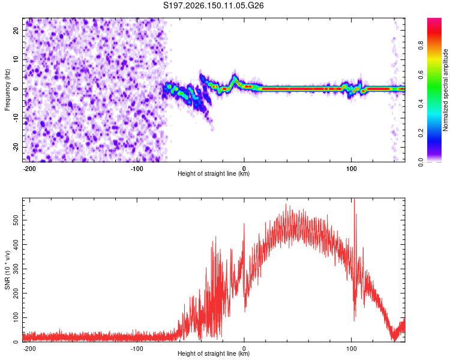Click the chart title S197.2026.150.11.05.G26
point(213,5)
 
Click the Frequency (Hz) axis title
point(7,90)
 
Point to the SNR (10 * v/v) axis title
point(7,270)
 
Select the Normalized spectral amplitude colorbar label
point(445,89)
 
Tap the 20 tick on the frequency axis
point(16,31)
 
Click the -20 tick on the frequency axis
point(16,148)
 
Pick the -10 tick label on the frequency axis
point(16,118)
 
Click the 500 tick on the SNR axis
point(16,220)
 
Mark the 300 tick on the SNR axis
point(16,269)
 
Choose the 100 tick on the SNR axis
point(16,317)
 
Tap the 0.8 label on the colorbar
point(421,46)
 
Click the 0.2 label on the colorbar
point(421,133)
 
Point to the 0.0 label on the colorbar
point(421,162)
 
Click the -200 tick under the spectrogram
point(29,169)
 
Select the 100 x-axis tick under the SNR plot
point(351,349)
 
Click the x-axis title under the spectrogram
point(213,173)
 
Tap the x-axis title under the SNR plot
point(213,353)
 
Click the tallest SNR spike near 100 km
point(355,199)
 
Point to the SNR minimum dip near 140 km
point(394,340)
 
